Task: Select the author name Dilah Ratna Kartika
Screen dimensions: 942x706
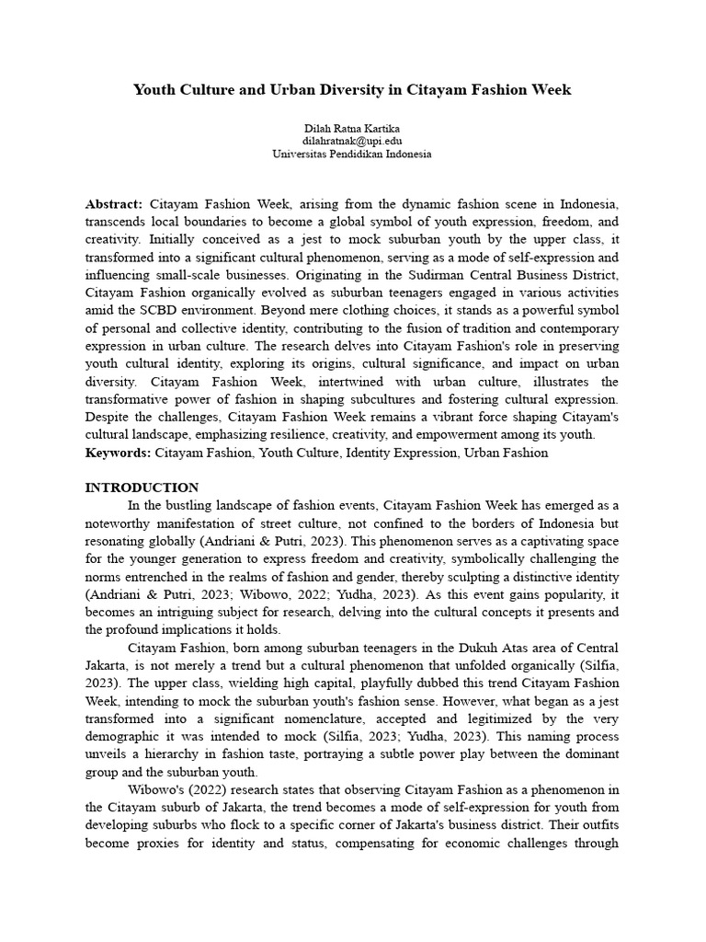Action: point(352,128)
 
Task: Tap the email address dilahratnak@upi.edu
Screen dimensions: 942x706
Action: point(352,141)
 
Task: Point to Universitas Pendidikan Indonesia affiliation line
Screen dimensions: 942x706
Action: point(352,155)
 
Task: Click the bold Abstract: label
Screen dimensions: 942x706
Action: point(114,203)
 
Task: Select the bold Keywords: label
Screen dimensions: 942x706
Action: point(119,453)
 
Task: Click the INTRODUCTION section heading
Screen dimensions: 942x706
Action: point(142,488)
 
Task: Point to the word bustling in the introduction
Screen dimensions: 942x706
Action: point(187,505)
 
